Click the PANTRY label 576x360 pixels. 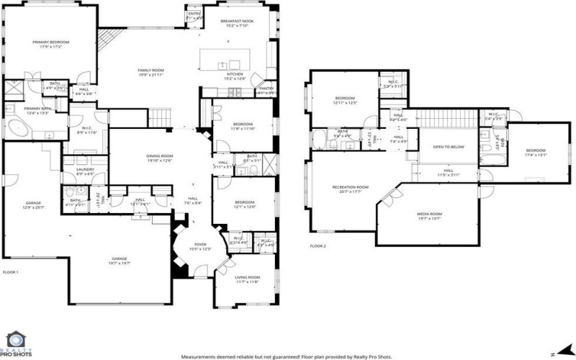point(266,89)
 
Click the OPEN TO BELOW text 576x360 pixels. point(448,148)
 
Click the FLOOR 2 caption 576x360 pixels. point(318,246)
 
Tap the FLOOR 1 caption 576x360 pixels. point(10,272)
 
